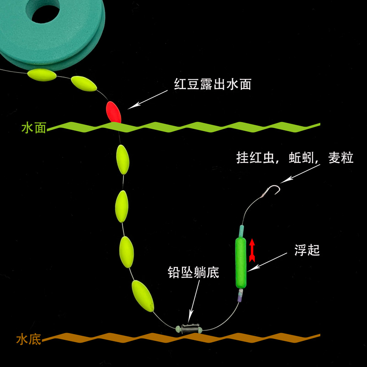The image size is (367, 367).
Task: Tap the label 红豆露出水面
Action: point(212,84)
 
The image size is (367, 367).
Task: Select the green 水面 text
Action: point(34,128)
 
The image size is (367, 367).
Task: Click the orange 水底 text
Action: point(28,340)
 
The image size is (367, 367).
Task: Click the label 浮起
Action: point(306,250)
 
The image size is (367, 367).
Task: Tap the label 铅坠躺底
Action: point(193,273)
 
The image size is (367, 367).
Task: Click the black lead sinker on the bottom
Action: point(188,328)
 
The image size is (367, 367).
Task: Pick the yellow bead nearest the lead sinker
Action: point(143,295)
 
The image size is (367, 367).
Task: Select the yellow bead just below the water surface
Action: point(122,159)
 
